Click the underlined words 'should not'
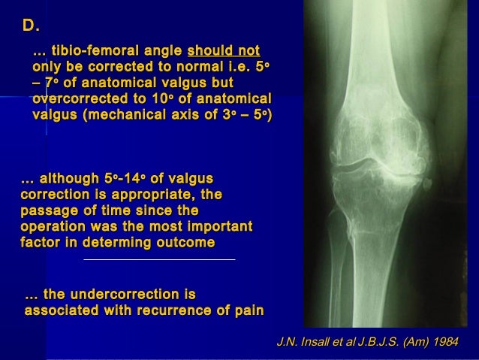pos(223,51)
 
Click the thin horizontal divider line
pos(159,260)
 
